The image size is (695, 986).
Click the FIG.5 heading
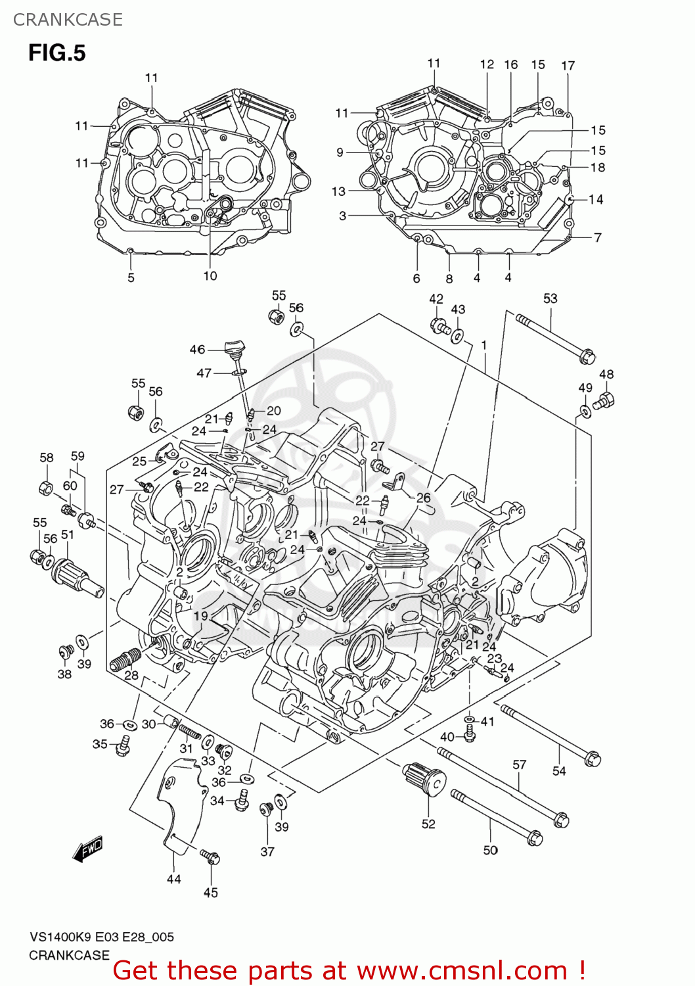coord(57,53)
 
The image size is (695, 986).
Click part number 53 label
coord(550,298)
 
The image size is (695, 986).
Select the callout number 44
coord(173,879)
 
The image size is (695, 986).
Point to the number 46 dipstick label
coord(197,350)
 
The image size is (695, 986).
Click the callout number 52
coord(428,824)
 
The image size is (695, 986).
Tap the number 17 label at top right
coord(568,66)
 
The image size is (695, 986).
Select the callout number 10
coord(210,276)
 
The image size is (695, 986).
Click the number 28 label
coord(131,674)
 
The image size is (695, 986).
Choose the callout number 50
coord(490,850)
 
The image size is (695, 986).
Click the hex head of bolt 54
coord(592,759)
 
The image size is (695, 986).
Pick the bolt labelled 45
coord(211,857)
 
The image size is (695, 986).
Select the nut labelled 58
coord(46,488)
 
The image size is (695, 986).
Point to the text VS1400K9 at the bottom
coord(62,937)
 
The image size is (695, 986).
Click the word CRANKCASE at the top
coord(68,20)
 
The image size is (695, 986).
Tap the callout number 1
coord(484,346)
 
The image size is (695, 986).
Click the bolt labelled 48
coord(604,400)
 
